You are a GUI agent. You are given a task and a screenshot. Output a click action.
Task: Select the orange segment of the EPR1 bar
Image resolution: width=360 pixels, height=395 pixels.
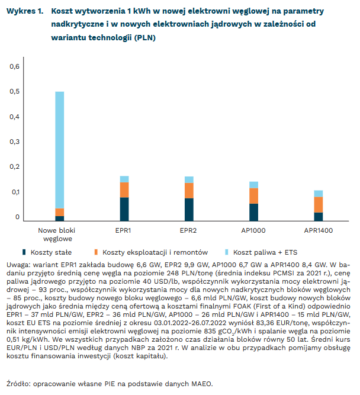124,190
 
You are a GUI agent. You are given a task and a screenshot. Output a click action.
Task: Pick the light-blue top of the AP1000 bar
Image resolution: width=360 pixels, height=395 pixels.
253,185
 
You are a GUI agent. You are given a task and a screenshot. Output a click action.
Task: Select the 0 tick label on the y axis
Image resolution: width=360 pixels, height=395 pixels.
18,217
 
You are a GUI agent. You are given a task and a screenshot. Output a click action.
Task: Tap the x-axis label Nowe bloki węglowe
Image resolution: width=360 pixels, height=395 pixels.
59,235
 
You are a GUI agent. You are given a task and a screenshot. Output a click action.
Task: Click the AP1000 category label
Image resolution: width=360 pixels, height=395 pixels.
253,230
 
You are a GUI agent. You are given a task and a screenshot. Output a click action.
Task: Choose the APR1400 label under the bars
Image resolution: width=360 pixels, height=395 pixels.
319,230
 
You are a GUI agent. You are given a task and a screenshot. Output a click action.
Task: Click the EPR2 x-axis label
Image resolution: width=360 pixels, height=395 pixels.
189,230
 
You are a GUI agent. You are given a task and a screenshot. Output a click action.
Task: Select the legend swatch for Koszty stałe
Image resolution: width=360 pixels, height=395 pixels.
24,252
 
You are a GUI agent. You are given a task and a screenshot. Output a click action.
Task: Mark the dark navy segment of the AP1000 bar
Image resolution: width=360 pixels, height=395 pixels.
253,212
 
